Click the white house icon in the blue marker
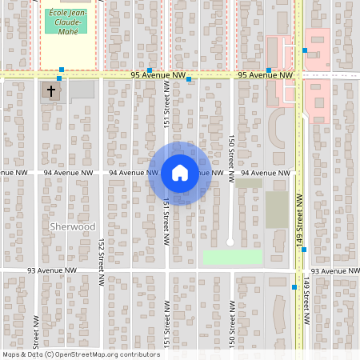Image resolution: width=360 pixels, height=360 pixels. [x=179, y=173]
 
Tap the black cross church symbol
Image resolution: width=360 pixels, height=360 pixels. [x=51, y=91]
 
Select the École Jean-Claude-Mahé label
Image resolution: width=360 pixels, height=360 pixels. [x=66, y=22]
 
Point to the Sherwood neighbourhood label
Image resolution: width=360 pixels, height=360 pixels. [x=72, y=226]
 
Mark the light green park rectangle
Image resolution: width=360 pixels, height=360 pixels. [x=232, y=257]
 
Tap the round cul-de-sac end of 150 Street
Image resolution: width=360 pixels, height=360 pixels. [x=230, y=242]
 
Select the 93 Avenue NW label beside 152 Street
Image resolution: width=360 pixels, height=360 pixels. [x=50, y=271]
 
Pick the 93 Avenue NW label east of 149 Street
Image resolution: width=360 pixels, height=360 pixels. [x=334, y=271]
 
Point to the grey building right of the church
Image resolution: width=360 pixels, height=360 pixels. [x=82, y=90]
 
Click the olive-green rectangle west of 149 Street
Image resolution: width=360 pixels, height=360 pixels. [x=277, y=209]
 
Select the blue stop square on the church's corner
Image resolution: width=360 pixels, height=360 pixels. [x=58, y=79]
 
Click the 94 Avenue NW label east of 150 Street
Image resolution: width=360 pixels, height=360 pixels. [x=264, y=173]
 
